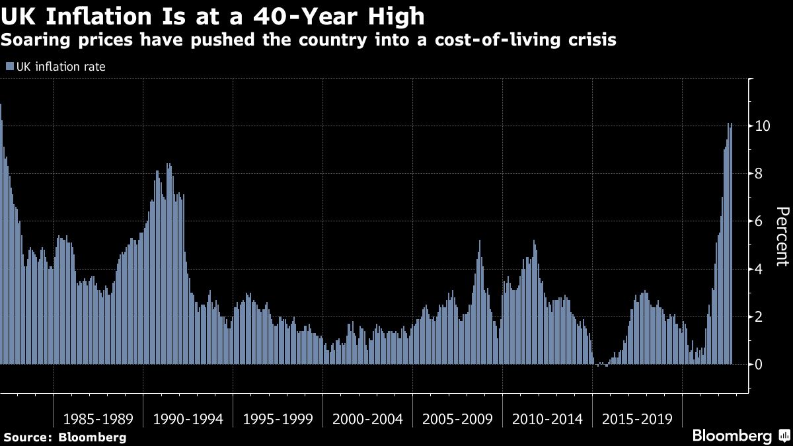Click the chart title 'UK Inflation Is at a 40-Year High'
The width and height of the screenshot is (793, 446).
click(212, 15)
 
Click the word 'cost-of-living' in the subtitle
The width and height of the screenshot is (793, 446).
click(504, 40)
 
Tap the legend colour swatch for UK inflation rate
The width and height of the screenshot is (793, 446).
click(9, 66)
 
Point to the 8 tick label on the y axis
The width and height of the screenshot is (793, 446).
click(763, 173)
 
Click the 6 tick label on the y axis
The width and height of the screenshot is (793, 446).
click(763, 221)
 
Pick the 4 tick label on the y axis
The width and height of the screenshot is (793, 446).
click(763, 269)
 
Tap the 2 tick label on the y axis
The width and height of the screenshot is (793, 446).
click(763, 316)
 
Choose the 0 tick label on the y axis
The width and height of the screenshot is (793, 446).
click(763, 365)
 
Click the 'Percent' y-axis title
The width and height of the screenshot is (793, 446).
click(782, 236)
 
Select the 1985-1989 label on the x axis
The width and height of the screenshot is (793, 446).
click(98, 419)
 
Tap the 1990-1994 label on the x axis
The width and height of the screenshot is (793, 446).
click(188, 419)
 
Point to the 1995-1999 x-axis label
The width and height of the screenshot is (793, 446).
click(278, 419)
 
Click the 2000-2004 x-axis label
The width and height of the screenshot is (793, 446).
click(367, 419)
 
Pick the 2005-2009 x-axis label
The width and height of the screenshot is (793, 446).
click(457, 419)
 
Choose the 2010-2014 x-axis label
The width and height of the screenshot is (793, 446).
click(547, 419)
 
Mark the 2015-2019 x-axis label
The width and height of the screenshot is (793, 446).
click(637, 419)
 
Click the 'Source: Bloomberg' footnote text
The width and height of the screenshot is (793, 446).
click(65, 437)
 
